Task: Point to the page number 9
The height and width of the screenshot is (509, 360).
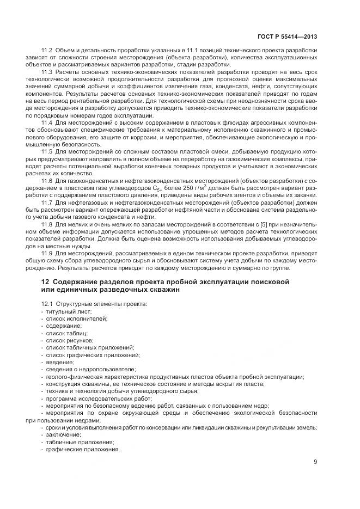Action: click(315, 463)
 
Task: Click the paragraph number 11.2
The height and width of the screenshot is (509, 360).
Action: click(47, 50)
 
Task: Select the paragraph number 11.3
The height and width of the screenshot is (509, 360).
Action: click(47, 71)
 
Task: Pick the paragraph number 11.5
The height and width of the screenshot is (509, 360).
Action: click(47, 156)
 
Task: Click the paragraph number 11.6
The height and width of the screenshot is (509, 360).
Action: click(47, 180)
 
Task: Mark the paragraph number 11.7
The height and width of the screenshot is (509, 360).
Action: click(47, 201)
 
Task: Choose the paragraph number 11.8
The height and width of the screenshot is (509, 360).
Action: click(47, 223)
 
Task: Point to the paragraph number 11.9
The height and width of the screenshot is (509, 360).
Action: click(47, 253)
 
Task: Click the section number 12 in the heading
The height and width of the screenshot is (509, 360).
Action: click(45, 281)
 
